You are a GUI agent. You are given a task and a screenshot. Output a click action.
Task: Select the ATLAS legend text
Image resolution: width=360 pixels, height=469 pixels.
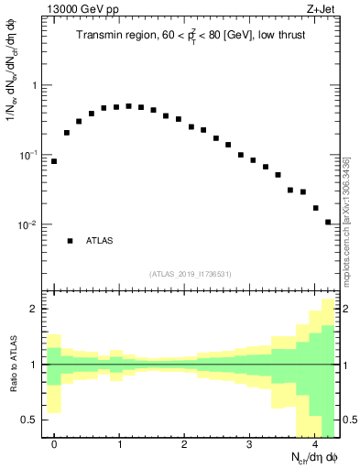pyautogui.click(x=99, y=241)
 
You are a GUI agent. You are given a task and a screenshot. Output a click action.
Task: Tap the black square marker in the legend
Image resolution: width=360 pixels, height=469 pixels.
pyautogui.click(x=70, y=241)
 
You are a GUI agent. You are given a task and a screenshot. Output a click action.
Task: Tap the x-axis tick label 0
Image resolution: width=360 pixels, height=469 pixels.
pyautogui.click(x=54, y=444)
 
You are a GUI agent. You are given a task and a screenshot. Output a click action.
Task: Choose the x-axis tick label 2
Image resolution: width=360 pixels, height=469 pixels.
pyautogui.click(x=184, y=444)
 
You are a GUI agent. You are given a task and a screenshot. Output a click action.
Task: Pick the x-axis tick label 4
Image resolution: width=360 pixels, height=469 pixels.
pyautogui.click(x=314, y=444)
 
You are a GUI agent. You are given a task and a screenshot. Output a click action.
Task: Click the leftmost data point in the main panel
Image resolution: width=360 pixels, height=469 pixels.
pyautogui.click(x=54, y=161)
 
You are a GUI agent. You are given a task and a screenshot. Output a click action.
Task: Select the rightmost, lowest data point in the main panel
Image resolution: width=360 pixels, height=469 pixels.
pyautogui.click(x=328, y=222)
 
